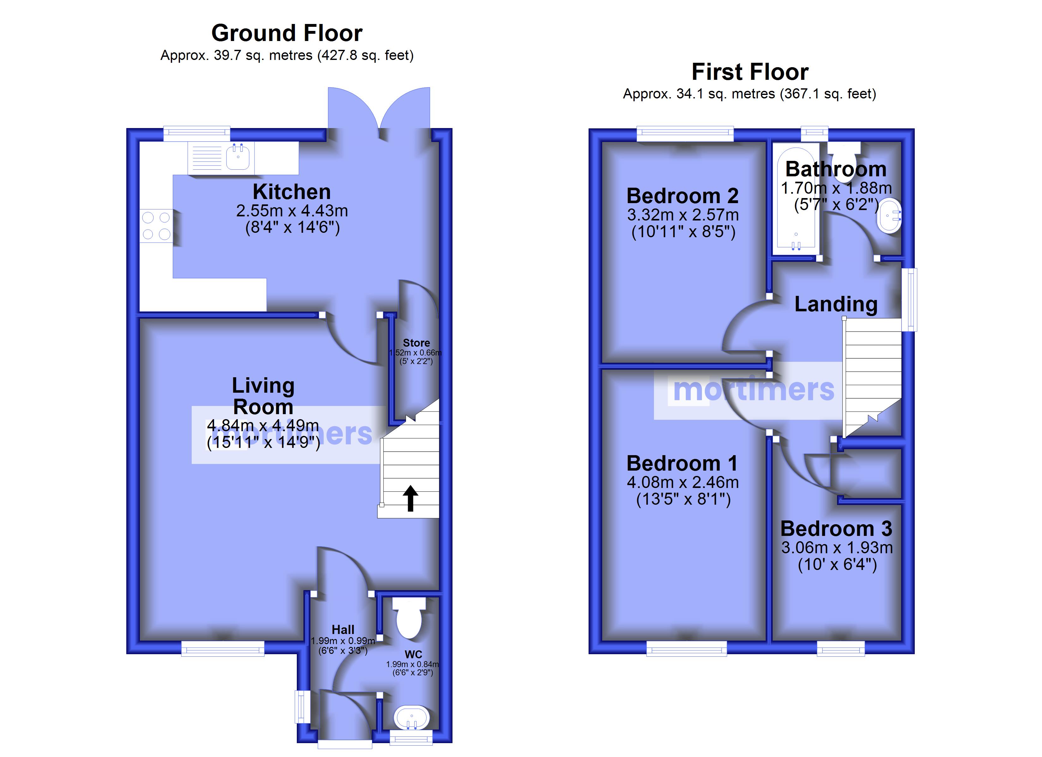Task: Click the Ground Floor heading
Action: pyautogui.click(x=287, y=33)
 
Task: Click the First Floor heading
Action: pyautogui.click(x=750, y=72)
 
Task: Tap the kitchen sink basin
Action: pyautogui.click(x=238, y=157)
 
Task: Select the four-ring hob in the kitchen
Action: pyautogui.click(x=156, y=226)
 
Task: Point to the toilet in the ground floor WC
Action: pyautogui.click(x=409, y=618)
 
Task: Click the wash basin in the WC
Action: pyautogui.click(x=412, y=719)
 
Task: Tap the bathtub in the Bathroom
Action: pyautogui.click(x=796, y=201)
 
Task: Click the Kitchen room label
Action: pyautogui.click(x=292, y=192)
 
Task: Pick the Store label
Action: pyautogui.click(x=416, y=343)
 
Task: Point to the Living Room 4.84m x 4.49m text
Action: pyautogui.click(x=263, y=425)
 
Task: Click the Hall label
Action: pyautogui.click(x=343, y=629)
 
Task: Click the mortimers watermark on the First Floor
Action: pyautogui.click(x=753, y=390)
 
